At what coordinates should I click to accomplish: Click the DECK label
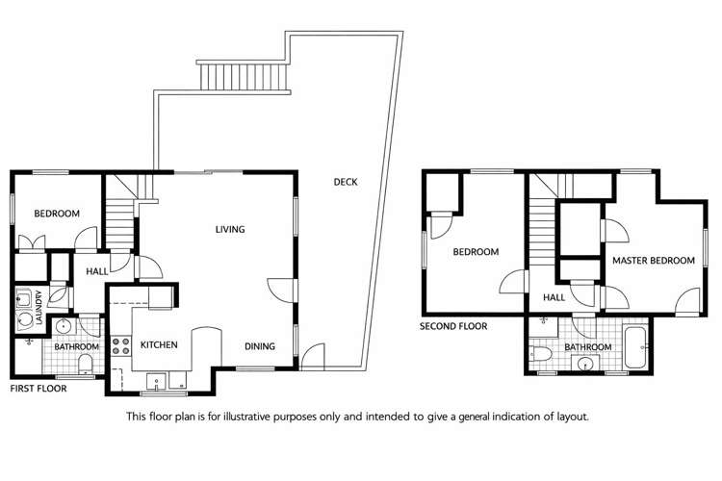346,182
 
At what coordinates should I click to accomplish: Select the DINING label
260,346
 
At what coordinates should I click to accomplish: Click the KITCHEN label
159,344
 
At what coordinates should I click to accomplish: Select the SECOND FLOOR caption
453,326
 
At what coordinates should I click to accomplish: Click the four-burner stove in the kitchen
121,345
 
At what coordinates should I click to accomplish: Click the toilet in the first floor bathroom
84,362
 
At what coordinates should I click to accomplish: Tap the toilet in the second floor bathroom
541,356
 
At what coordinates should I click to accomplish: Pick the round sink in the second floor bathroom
585,363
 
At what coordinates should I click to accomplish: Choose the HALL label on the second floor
553,297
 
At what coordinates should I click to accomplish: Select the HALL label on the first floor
97,272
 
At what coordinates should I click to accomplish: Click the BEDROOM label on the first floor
57,214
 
